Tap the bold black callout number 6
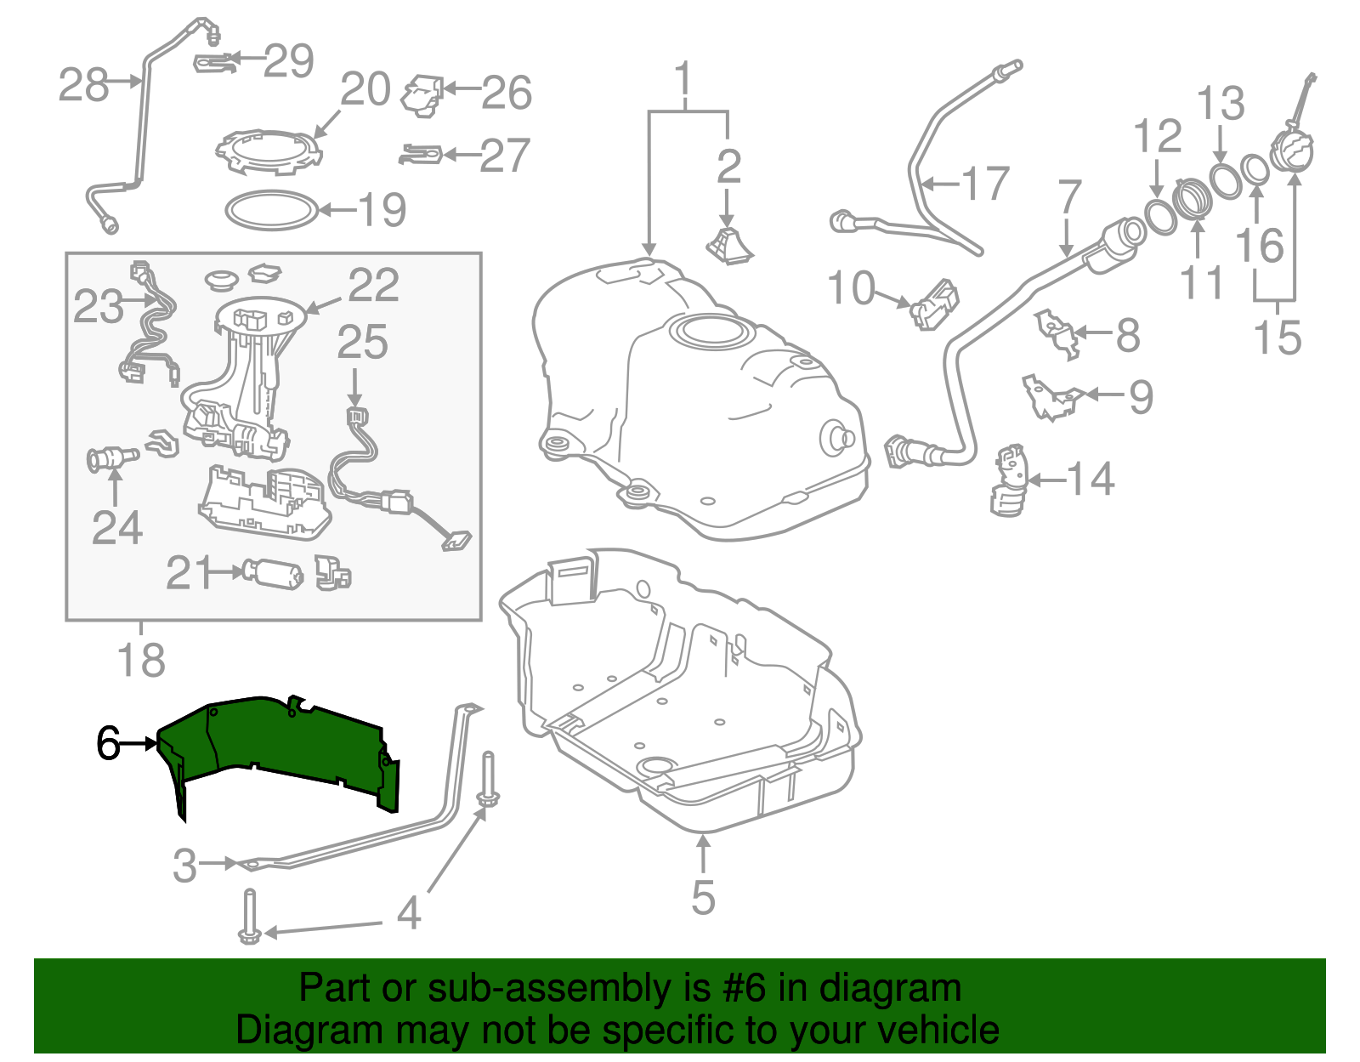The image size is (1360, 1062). click(x=109, y=744)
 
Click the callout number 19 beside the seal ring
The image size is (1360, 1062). click(x=382, y=210)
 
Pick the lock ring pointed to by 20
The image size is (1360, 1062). click(x=269, y=153)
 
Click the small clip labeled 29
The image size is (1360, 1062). click(x=215, y=62)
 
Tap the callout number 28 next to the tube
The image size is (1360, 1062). click(x=83, y=85)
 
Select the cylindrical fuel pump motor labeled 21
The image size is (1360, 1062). click(x=272, y=574)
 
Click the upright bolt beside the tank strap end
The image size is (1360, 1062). click(x=489, y=781)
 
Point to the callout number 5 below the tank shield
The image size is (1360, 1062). click(x=703, y=898)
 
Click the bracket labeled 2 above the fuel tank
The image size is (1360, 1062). click(x=729, y=244)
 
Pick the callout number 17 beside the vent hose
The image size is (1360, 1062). click(x=986, y=184)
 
